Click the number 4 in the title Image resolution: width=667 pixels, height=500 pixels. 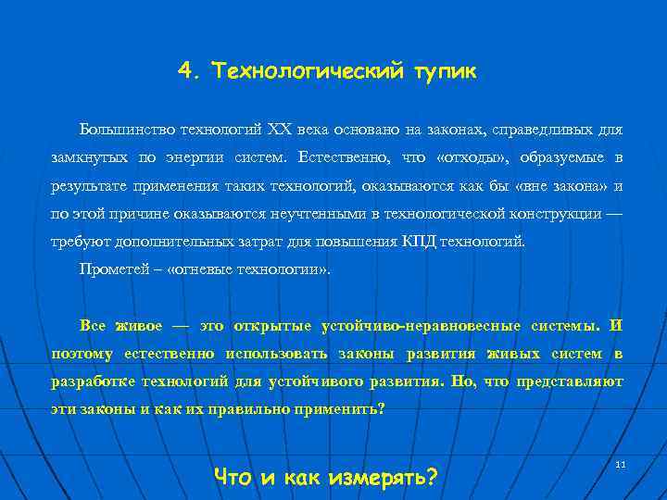click(184, 70)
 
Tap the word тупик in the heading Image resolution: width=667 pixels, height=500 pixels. click(447, 70)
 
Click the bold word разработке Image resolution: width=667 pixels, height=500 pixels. click(94, 381)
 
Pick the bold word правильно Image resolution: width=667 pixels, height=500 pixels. click(272, 408)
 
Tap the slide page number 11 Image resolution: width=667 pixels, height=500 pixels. click(621, 462)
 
